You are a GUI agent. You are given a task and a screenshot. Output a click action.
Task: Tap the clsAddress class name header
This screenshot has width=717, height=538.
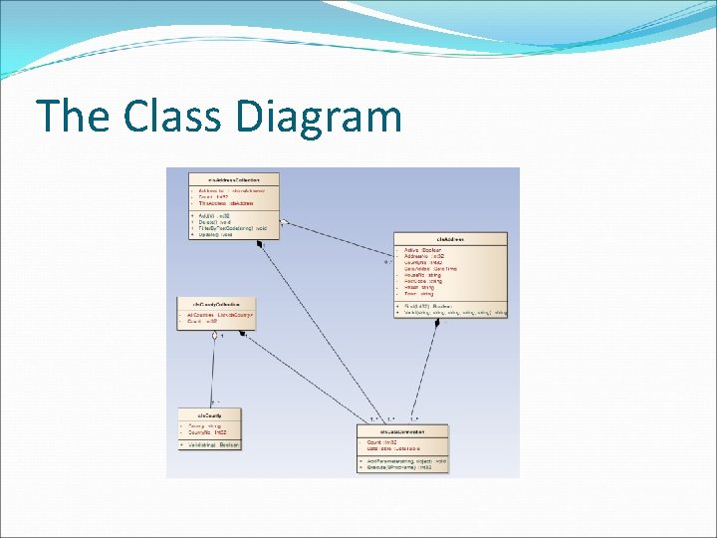(x=450, y=238)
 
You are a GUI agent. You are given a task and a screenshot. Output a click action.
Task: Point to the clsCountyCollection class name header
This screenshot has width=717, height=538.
(x=209, y=301)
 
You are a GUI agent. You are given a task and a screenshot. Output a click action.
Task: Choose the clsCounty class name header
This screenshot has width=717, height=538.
(x=208, y=413)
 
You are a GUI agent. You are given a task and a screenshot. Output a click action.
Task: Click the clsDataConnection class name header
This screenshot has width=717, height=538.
(x=402, y=430)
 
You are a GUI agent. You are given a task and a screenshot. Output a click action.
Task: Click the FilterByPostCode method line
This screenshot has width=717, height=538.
(x=231, y=228)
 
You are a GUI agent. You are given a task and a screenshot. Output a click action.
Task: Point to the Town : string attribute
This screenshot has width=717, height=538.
(x=419, y=294)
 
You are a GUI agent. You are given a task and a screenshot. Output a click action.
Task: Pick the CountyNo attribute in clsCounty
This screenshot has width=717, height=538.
(x=207, y=432)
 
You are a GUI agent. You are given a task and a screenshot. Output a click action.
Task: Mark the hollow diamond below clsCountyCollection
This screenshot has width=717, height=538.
(x=214, y=336)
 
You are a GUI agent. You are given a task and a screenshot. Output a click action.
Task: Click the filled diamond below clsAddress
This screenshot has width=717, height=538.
(x=436, y=323)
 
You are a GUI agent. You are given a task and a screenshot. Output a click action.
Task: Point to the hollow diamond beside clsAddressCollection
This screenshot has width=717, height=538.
(x=284, y=221)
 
